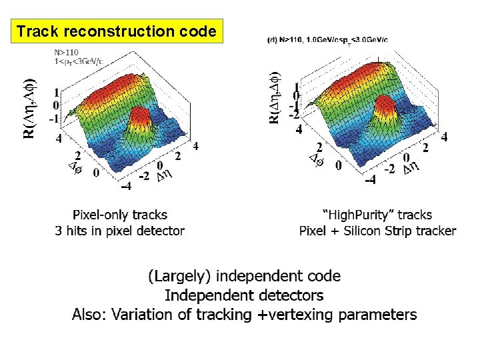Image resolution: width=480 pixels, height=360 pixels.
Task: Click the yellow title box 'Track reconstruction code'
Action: (117, 31)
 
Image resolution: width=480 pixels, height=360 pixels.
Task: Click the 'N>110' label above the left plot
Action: (67, 52)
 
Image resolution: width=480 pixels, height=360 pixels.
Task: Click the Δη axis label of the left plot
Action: (163, 176)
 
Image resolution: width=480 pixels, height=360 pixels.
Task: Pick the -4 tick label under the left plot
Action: (126, 185)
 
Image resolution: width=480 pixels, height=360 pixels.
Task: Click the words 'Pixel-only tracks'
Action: (120, 215)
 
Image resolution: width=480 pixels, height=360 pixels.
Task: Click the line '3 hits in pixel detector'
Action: (120, 231)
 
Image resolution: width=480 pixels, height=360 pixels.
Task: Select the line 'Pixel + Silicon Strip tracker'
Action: (377, 231)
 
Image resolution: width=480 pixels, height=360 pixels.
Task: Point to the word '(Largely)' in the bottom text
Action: (179, 276)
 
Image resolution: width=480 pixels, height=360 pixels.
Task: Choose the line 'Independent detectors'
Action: (244, 295)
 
